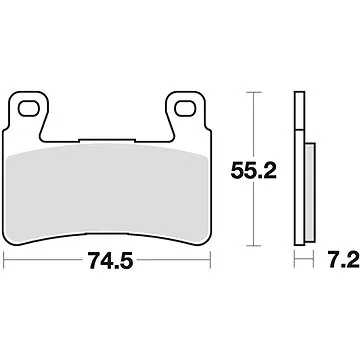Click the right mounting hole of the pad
[183, 107]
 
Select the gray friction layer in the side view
[305, 189]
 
